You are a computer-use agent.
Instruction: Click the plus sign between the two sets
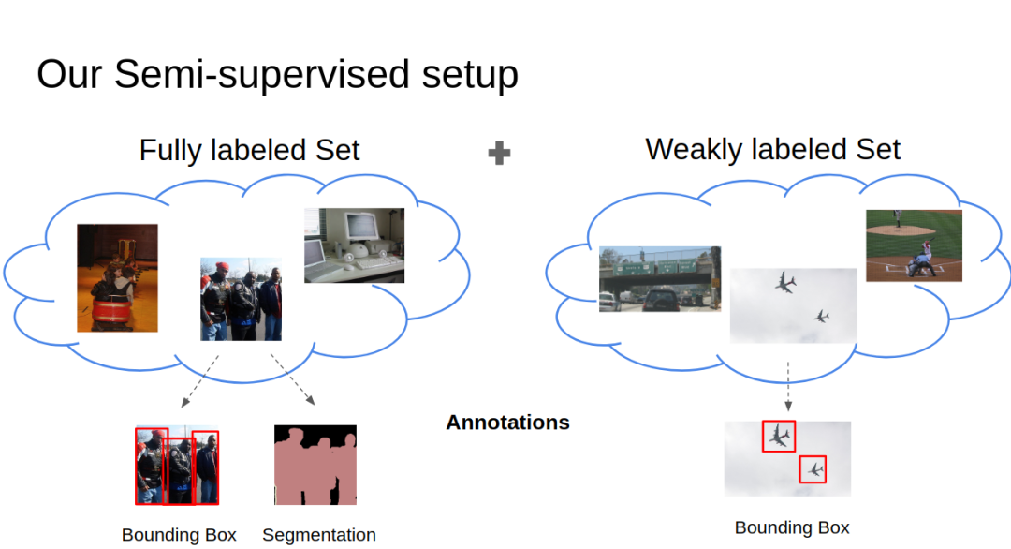(x=500, y=154)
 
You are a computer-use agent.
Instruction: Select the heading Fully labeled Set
(x=249, y=150)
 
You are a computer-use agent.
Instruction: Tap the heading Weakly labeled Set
(x=772, y=149)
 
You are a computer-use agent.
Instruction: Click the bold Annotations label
(x=507, y=423)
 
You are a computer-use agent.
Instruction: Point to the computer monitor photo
(x=354, y=245)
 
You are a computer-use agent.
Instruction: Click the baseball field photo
(x=913, y=245)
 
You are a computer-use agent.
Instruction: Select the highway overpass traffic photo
(x=659, y=278)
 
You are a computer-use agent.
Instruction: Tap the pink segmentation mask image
(x=315, y=466)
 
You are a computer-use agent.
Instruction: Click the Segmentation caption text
(x=318, y=535)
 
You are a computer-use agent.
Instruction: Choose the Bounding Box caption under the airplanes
(x=792, y=527)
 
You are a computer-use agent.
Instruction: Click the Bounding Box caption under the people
(x=179, y=535)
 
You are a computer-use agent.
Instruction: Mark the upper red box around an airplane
(x=778, y=436)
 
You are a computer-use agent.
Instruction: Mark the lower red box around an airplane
(x=813, y=468)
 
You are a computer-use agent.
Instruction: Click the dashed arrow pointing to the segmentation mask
(x=293, y=379)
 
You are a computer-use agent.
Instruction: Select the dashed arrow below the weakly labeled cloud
(x=788, y=386)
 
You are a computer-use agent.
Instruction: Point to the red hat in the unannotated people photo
(x=221, y=268)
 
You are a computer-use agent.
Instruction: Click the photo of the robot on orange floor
(x=117, y=277)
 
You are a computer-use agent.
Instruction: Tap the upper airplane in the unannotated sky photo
(x=785, y=282)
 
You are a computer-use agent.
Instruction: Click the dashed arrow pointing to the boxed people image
(x=199, y=381)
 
